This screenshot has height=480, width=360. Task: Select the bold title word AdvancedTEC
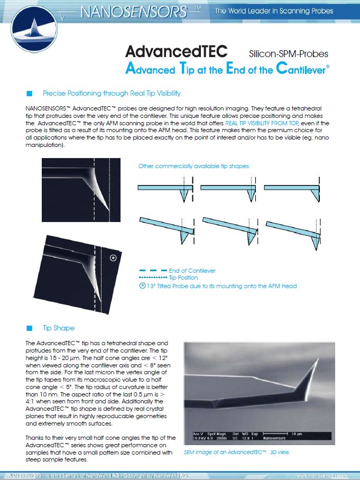(176, 52)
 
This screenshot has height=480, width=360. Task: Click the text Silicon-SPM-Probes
(288, 53)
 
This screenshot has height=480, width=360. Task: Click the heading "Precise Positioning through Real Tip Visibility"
(112, 94)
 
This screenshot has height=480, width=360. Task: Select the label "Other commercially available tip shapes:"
(193, 166)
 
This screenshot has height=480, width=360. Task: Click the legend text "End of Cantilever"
(192, 271)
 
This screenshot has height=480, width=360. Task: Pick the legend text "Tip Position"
(183, 278)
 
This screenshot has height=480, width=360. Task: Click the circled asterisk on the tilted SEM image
(113, 258)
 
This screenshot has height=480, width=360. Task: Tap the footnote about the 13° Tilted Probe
(221, 286)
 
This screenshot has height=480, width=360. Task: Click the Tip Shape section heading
(59, 328)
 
